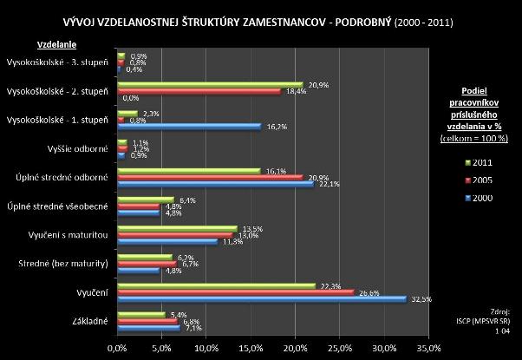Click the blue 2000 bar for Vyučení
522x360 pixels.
coord(260,298)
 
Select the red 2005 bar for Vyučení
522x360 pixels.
coord(234,291)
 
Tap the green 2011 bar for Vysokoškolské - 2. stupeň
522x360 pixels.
coord(209,83)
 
